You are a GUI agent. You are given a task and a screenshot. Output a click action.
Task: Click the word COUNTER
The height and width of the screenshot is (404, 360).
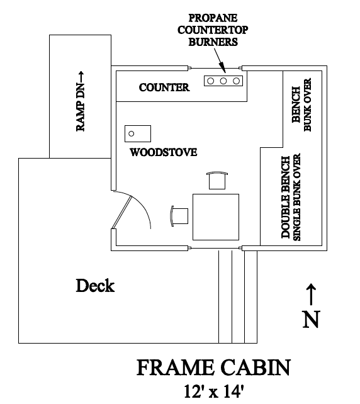[x=164, y=87]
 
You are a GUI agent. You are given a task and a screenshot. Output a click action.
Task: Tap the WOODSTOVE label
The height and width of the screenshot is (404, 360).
[x=164, y=152]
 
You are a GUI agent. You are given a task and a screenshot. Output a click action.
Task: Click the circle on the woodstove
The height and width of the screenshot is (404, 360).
[x=131, y=133]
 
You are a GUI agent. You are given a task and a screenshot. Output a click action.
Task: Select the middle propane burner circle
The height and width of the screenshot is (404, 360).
[x=223, y=81]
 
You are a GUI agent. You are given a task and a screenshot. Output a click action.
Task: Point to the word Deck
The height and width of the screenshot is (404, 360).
[x=95, y=286]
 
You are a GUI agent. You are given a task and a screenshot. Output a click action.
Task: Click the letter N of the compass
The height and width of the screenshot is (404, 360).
[x=311, y=319]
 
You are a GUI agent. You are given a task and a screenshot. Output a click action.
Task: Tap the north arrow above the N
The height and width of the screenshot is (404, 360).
[x=312, y=294]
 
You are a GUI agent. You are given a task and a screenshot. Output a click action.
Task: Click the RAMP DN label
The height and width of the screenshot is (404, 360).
[x=81, y=101]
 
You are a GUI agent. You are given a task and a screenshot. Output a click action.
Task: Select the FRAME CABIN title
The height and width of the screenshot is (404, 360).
[x=213, y=368]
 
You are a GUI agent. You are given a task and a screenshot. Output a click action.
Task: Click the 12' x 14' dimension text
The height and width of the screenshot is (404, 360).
[x=213, y=391]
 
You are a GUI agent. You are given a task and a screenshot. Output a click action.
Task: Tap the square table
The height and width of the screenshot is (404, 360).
[x=216, y=217]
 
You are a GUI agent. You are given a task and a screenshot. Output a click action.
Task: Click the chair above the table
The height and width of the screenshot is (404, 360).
[x=217, y=181]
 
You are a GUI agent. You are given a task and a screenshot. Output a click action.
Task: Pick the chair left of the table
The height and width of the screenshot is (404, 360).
[x=179, y=216]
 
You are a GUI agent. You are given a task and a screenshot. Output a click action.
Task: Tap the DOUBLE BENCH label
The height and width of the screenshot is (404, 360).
[x=286, y=197]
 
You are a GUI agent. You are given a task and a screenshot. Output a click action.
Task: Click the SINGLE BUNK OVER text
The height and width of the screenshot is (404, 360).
[x=297, y=197]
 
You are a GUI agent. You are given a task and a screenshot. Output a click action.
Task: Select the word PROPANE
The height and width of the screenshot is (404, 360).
[x=213, y=18]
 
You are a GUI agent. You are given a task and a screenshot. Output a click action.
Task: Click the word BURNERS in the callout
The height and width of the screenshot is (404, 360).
[x=213, y=42]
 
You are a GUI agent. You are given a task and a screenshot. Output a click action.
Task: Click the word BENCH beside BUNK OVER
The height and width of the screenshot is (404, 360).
[x=296, y=104]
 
